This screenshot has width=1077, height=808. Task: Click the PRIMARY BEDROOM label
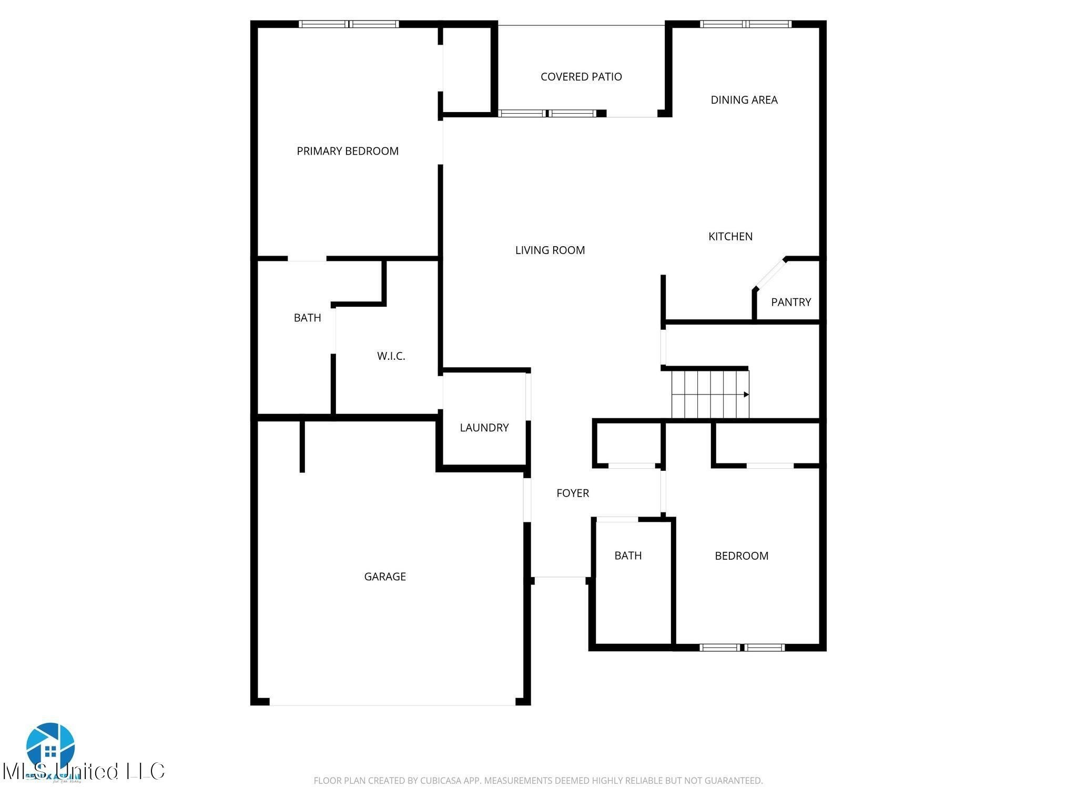(348, 151)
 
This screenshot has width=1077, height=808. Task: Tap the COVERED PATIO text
(581, 77)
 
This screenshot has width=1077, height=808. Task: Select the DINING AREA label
(744, 100)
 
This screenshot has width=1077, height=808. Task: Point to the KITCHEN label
(730, 237)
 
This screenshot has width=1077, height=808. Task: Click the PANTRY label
(790, 302)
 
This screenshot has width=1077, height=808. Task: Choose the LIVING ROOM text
(550, 250)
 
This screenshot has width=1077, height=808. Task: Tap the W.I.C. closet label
(391, 356)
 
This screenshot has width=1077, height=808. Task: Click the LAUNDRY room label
(484, 428)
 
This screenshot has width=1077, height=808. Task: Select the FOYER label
(572, 493)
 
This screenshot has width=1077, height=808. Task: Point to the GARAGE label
(384, 577)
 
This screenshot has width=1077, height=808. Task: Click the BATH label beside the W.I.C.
(307, 318)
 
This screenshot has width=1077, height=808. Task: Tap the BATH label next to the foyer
(628, 555)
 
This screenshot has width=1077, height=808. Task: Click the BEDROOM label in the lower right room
(741, 556)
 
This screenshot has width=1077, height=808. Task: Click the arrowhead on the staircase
(746, 395)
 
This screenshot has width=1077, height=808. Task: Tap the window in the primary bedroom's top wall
(349, 24)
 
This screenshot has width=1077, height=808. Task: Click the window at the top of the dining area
(746, 24)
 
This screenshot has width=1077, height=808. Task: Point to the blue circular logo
(50, 746)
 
